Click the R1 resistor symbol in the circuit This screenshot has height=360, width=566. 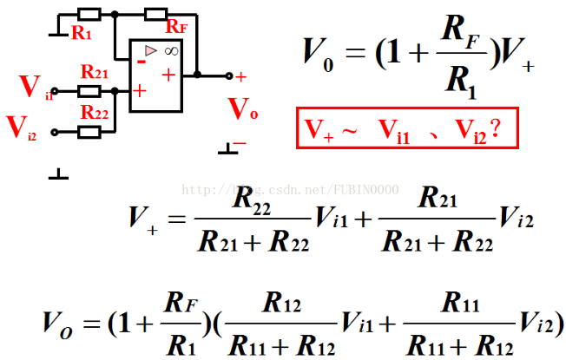(x=89, y=15)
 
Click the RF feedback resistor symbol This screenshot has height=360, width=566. (x=156, y=15)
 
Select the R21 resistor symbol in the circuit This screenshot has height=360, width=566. (x=89, y=89)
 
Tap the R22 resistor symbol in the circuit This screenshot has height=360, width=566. (x=89, y=132)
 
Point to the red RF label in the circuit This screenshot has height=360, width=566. (x=176, y=28)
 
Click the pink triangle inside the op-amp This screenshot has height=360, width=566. (x=150, y=52)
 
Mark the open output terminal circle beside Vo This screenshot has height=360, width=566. (x=229, y=75)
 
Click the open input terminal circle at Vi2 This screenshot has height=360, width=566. (x=55, y=132)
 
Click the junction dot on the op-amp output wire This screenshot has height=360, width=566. (x=198, y=75)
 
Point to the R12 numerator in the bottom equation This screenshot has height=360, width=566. (x=283, y=304)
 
